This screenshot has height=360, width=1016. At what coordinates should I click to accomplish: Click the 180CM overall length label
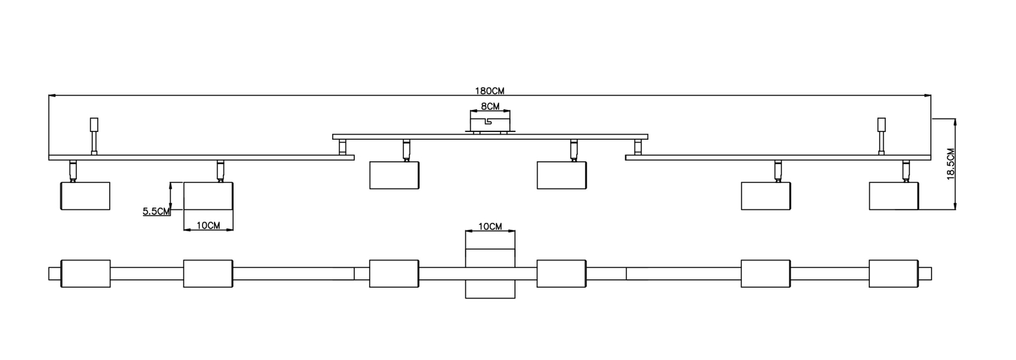coord(490,91)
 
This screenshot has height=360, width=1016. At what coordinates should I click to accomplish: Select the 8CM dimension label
coord(490,106)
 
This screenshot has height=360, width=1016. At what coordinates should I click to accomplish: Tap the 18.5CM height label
coord(951,164)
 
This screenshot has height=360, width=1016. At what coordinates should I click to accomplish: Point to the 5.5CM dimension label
coord(156,211)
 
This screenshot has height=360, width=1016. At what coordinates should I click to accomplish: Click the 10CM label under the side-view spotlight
coord(208,225)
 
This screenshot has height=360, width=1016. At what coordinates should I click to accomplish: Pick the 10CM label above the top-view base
coord(490,226)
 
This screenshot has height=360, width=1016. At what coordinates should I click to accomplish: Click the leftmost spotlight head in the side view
coord(85,196)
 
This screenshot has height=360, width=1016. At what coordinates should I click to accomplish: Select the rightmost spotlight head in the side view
coord(893,196)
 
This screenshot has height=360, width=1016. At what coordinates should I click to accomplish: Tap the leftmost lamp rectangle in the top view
coord(85,274)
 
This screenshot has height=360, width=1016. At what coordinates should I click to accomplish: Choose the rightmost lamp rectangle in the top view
coord(893,274)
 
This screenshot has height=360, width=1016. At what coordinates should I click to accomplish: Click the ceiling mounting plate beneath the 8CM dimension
coord(490,121)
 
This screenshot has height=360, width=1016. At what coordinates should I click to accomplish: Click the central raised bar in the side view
coord(490,136)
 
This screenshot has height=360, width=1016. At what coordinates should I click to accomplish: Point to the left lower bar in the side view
coord(201,157)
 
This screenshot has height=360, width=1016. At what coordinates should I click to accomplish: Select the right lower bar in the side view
coord(778,157)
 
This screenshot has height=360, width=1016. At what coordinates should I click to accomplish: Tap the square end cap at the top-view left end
coord(54,274)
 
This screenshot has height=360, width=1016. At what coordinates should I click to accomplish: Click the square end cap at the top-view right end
coord(925,274)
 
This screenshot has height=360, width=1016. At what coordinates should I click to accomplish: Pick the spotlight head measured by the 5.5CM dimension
coord(208,196)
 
